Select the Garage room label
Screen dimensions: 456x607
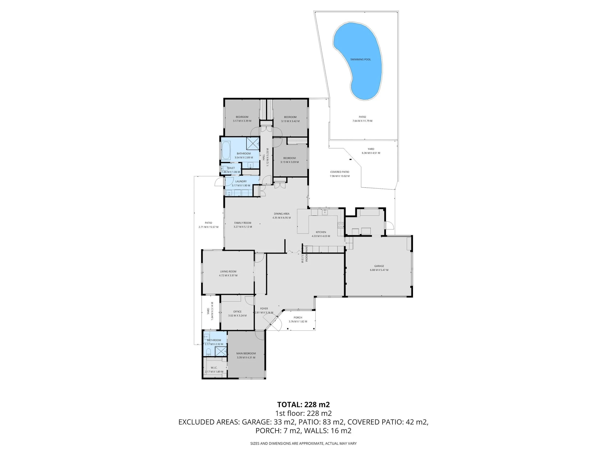click(379, 266)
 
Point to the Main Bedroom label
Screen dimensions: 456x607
click(246, 353)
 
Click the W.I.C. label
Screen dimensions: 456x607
click(214, 367)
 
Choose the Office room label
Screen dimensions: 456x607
click(237, 312)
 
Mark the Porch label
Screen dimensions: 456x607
click(298, 317)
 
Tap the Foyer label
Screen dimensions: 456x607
click(264, 308)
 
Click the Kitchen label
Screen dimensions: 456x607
click(321, 232)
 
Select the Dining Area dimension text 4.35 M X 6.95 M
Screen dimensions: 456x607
click(282, 218)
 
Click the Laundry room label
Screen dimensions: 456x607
click(241, 181)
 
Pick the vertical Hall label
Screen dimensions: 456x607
click(264, 157)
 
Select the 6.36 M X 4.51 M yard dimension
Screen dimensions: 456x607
click(371, 153)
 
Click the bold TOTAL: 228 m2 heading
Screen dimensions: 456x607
click(303, 405)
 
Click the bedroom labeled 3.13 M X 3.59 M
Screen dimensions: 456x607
click(289, 160)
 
